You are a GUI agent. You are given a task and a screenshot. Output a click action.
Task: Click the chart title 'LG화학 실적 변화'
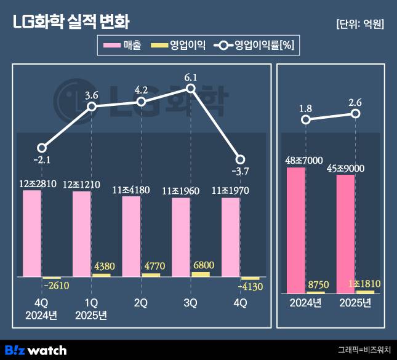(x=71, y=22)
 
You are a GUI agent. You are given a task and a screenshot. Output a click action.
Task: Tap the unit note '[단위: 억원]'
(x=360, y=24)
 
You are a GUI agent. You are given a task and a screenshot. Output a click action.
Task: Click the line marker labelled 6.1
(x=191, y=89)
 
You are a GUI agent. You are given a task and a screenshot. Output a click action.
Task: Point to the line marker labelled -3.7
(x=241, y=159)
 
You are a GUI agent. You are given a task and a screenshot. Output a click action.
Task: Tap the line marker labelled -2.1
(x=41, y=148)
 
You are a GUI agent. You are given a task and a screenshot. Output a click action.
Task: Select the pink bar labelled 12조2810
(x=32, y=233)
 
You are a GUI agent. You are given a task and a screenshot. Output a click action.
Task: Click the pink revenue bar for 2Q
(x=131, y=236)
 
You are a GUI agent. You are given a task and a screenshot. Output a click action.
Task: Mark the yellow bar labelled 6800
(x=200, y=274)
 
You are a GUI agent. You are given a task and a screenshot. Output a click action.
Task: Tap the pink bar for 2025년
(x=346, y=233)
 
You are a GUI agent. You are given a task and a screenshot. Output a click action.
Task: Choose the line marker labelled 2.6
(x=355, y=114)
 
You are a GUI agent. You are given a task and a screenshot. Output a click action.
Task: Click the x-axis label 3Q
(x=191, y=303)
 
